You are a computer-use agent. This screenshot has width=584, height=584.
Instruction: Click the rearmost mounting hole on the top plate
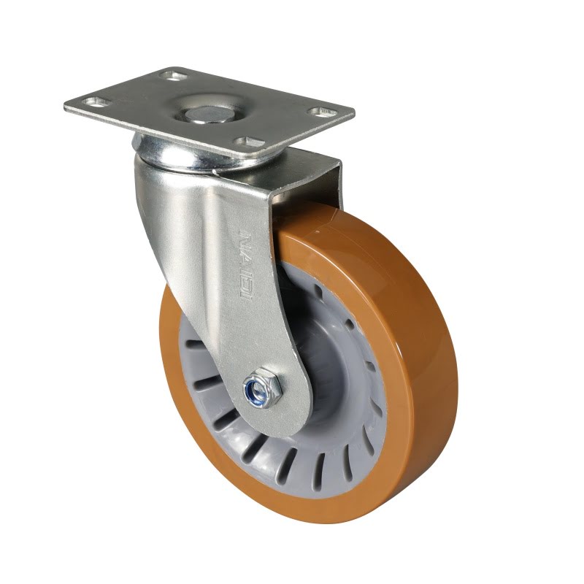(x=174, y=76)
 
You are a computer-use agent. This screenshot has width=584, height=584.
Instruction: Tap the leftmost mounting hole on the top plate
(x=97, y=102)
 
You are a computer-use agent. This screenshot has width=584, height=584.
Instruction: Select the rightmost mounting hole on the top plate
(x=321, y=112)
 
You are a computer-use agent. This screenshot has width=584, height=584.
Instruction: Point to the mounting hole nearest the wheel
(x=250, y=142)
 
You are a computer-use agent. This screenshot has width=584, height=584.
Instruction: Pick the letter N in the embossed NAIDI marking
(x=245, y=236)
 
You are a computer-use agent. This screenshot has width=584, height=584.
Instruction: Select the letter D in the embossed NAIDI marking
(x=247, y=284)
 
